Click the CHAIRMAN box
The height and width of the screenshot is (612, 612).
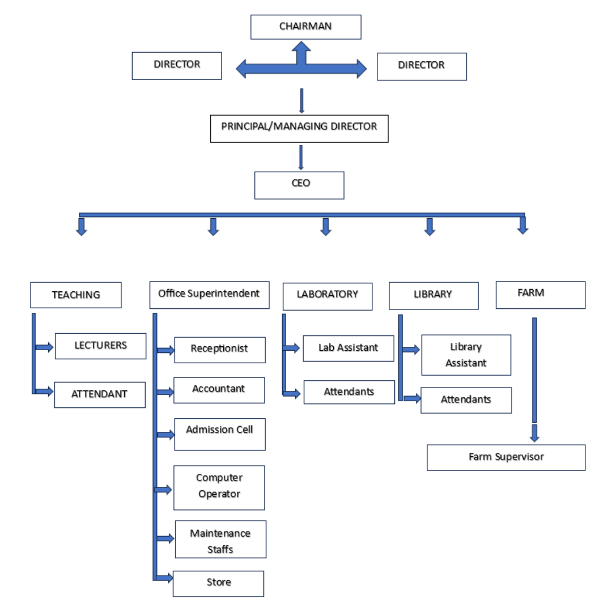coord(305,27)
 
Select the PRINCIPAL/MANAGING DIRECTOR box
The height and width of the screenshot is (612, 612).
coord(299,129)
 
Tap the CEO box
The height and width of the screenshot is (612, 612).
coord(299,185)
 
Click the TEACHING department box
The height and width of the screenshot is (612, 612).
coord(76,295)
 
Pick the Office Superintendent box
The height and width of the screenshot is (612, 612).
coord(209,295)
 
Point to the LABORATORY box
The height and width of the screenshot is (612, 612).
coord(328,296)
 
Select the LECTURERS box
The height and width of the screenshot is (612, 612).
coord(100,346)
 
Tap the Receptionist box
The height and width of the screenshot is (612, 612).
coord(219,350)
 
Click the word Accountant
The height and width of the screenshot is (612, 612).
coord(219,389)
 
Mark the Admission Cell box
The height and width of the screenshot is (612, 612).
coord(219,434)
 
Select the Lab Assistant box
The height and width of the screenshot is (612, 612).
coord(348,348)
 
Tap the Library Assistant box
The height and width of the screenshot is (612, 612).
coord(466,355)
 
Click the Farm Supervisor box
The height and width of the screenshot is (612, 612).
coord(505,457)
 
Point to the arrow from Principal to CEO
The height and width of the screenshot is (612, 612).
coord(300,158)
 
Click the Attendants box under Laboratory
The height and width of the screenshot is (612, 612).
coord(349,392)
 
